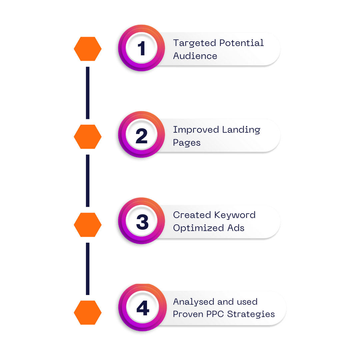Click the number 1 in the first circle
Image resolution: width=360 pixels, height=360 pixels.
click(x=142, y=48)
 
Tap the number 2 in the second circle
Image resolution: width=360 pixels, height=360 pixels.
click(x=141, y=136)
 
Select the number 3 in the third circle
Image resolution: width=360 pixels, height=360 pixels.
click(x=142, y=222)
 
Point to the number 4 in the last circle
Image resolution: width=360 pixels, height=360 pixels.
click(x=143, y=308)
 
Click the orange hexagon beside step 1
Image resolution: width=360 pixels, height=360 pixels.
click(x=88, y=49)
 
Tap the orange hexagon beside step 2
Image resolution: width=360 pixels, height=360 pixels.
click(x=88, y=137)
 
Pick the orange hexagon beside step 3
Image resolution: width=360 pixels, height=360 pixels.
click(x=88, y=225)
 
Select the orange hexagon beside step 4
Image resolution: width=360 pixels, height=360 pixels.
click(x=88, y=312)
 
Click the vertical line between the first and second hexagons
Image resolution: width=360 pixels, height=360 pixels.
click(x=88, y=93)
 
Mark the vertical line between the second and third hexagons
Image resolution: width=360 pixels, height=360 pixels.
click(x=88, y=181)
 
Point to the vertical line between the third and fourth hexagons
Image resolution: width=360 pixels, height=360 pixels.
click(x=88, y=269)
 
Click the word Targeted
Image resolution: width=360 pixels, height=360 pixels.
click(x=194, y=43)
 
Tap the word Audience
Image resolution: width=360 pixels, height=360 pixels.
click(x=195, y=56)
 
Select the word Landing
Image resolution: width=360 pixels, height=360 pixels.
click(x=241, y=130)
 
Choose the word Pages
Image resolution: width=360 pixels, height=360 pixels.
click(x=187, y=143)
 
